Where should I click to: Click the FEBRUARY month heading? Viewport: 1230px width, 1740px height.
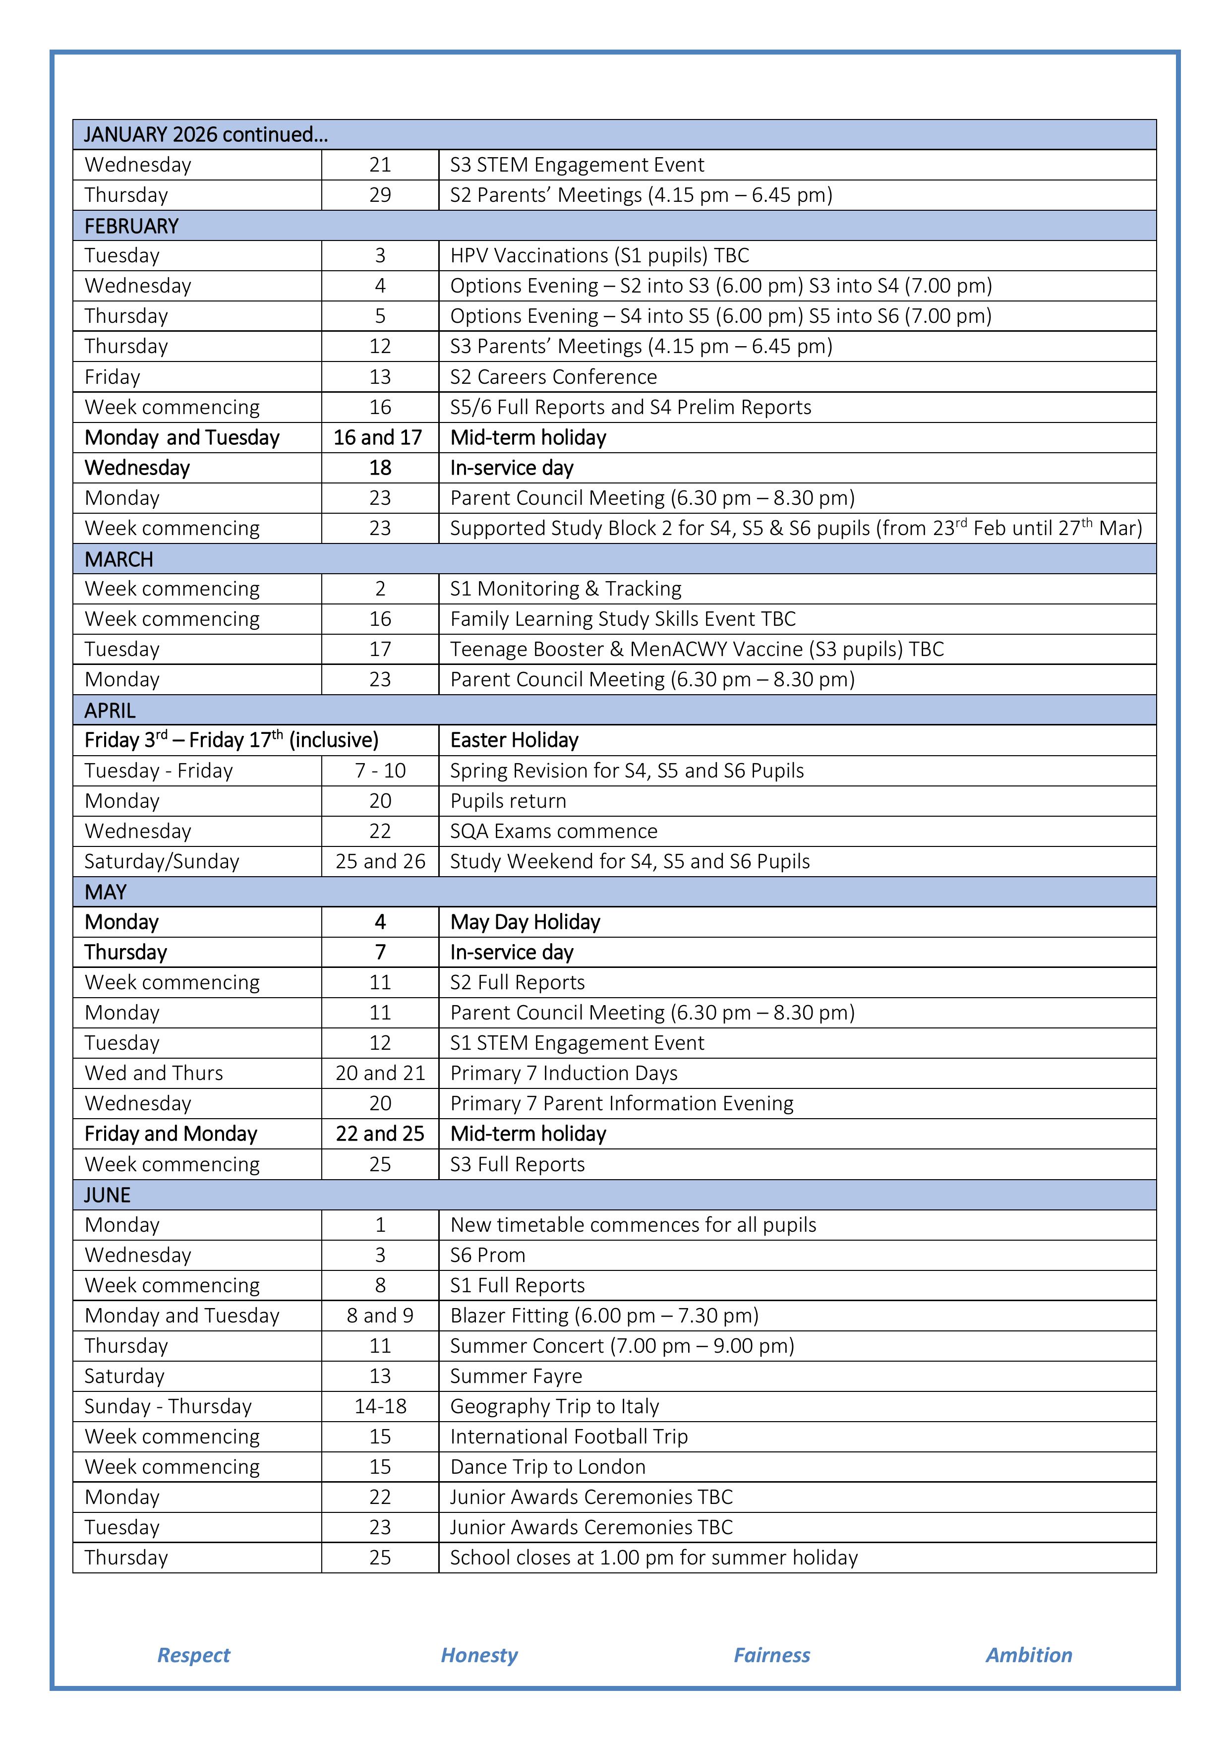click(x=131, y=226)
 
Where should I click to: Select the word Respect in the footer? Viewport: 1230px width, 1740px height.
click(x=193, y=1655)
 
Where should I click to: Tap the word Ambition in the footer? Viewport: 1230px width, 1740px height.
click(x=1028, y=1655)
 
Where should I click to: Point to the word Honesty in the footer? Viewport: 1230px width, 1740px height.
click(x=479, y=1655)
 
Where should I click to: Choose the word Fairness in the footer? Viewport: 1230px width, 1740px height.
click(x=771, y=1655)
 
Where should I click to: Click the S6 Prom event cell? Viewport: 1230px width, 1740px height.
click(x=487, y=1255)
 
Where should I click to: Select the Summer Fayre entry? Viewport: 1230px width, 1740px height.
click(x=516, y=1376)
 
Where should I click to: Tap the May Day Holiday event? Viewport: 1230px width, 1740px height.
click(x=525, y=922)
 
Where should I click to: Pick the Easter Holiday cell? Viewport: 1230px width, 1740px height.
click(x=514, y=740)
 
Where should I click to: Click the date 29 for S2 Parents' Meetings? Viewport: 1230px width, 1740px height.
click(x=380, y=195)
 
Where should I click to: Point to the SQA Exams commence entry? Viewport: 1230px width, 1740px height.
click(x=553, y=832)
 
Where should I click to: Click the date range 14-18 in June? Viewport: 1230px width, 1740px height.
click(x=380, y=1407)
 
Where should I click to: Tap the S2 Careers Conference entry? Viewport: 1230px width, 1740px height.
click(x=553, y=377)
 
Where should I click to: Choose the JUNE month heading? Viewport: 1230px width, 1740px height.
click(x=107, y=1195)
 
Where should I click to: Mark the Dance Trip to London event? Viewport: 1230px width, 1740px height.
click(x=547, y=1467)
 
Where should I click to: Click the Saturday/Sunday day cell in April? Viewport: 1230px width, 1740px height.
click(x=162, y=862)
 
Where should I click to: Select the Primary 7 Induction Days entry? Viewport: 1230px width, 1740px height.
click(x=563, y=1073)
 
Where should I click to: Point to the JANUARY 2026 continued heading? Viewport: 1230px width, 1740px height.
click(x=205, y=135)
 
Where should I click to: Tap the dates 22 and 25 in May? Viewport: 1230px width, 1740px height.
click(x=380, y=1134)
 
